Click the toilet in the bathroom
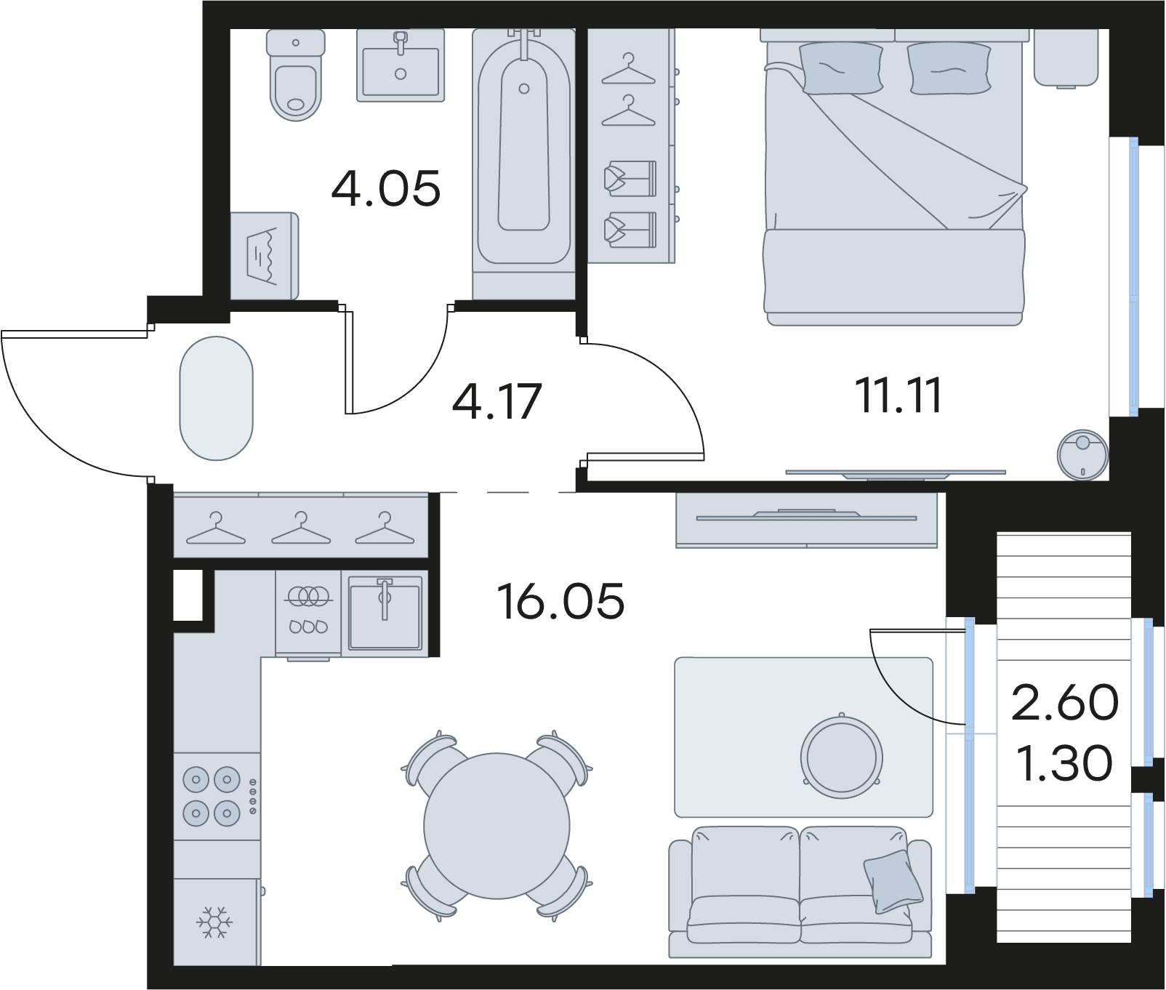pos(295,74)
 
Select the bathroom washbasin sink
pos(401,65)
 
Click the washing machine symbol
pos(264,256)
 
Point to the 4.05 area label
pos(386,188)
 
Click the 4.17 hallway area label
pos(497,402)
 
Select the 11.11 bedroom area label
pos(900,396)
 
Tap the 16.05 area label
pos(560,601)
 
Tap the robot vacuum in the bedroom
pos(1082,454)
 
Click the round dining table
pos(497,826)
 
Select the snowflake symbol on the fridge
pos(213,922)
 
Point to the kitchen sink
pos(385,612)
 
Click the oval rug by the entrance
pos(216,398)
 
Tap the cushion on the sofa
pos(893,881)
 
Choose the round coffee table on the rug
pos(842,757)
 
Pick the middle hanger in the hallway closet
pos(301,528)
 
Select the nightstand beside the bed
pos(1066,58)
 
